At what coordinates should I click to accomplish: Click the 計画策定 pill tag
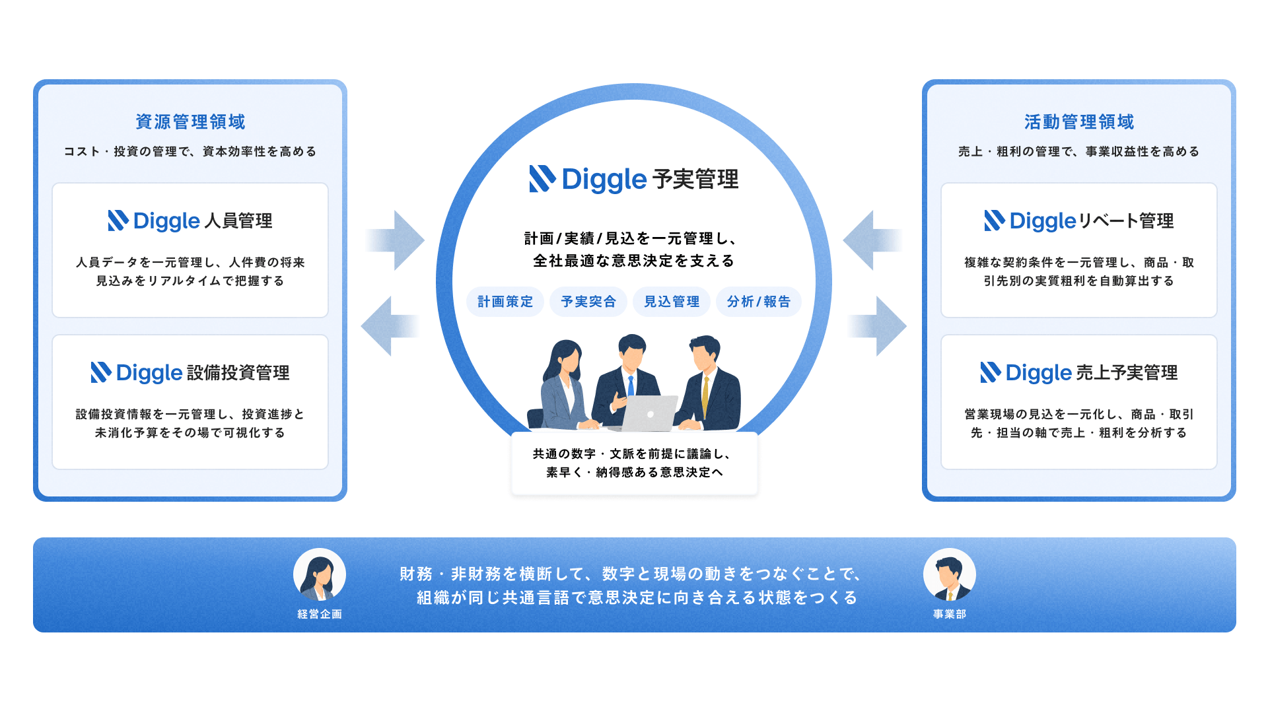click(505, 302)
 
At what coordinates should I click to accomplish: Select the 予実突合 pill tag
click(588, 302)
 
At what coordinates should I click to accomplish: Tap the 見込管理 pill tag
click(672, 302)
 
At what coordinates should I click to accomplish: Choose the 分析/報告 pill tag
click(759, 302)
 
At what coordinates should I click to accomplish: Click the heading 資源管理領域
click(190, 122)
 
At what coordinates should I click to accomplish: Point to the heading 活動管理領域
click(1079, 122)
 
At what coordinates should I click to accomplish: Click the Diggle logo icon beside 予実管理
click(542, 179)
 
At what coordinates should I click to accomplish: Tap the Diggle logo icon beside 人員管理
click(118, 221)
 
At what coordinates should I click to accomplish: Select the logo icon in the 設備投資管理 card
click(101, 372)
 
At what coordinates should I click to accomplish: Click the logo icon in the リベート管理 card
click(995, 221)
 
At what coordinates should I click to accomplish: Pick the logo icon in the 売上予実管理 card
click(991, 372)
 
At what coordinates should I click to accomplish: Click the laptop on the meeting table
click(650, 413)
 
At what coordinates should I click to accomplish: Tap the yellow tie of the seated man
click(706, 397)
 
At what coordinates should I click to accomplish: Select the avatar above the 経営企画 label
click(320, 574)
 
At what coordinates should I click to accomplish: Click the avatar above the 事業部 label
click(950, 574)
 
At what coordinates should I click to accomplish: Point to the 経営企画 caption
click(320, 614)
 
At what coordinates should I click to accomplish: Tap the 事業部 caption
click(950, 614)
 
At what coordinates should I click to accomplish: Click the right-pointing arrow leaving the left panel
click(395, 240)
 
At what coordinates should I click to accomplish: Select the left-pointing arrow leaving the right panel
click(873, 240)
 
